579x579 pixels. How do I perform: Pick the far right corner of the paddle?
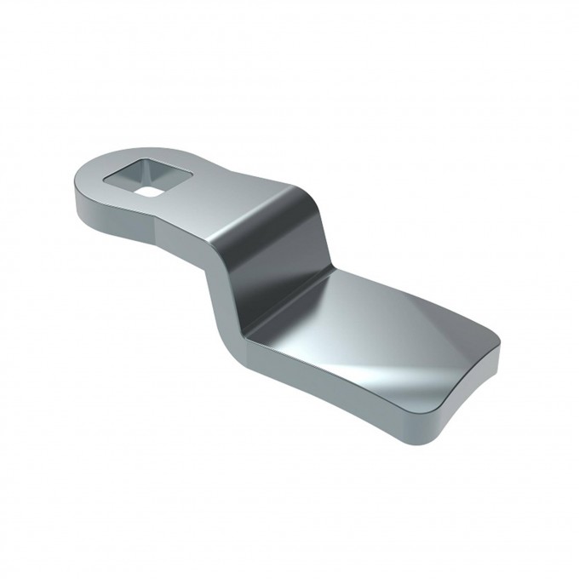[x=499, y=358]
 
